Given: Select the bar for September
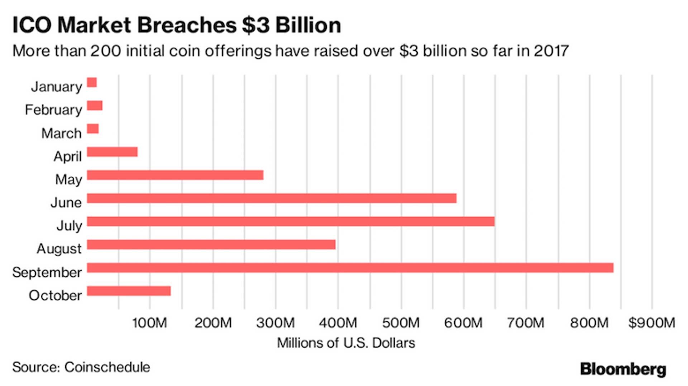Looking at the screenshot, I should (x=350, y=268).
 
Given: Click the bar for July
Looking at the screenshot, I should (x=291, y=221).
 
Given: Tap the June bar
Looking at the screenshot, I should (x=272, y=198).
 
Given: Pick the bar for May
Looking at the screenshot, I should (x=175, y=175).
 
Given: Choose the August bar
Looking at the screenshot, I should (x=211, y=245).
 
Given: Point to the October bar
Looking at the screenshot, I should (x=129, y=291).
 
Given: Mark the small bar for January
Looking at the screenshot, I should (x=92, y=83).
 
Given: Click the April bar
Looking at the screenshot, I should (x=112, y=152).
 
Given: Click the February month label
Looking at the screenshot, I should (x=53, y=110).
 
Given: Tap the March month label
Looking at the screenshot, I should (x=61, y=133).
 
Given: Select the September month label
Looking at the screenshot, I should (x=47, y=272).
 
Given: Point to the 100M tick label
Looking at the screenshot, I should (x=149, y=323).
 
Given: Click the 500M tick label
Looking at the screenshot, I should (x=401, y=323).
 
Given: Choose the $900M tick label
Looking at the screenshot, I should (x=651, y=323).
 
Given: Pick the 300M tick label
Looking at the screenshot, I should (x=275, y=323).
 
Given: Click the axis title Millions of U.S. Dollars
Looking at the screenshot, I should (x=346, y=343).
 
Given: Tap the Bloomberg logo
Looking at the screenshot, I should (x=623, y=369).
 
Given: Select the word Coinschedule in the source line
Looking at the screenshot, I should (x=107, y=367).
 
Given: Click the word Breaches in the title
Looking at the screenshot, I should (x=187, y=25).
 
